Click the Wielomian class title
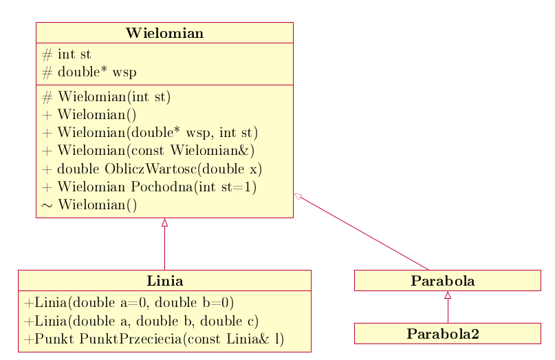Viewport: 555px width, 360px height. tap(164, 33)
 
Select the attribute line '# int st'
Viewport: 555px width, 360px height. tap(67, 54)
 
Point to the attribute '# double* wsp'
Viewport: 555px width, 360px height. tap(89, 72)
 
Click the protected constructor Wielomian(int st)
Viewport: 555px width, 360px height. tap(106, 97)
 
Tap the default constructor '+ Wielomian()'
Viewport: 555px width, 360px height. tap(89, 115)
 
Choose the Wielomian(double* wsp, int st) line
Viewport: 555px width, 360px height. tap(150, 133)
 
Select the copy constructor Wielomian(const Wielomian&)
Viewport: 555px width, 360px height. tap(149, 151)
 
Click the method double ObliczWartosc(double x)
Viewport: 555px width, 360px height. tap(152, 169)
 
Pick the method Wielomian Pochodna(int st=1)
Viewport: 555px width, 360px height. tap(149, 187)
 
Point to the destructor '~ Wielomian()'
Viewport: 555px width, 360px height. tap(89, 205)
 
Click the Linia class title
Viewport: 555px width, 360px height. tap(165, 281)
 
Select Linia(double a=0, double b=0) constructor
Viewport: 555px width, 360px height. tap(129, 303)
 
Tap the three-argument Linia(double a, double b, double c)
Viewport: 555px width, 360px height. tap(141, 321)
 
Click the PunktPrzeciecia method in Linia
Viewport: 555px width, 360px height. tap(154, 339)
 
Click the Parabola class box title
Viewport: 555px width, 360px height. tap(443, 281)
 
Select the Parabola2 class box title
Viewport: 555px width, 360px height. tap(443, 334)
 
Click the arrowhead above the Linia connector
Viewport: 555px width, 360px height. tap(164, 222)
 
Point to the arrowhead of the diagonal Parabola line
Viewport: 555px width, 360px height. tap(298, 196)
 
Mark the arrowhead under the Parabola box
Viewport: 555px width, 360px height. tap(448, 295)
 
